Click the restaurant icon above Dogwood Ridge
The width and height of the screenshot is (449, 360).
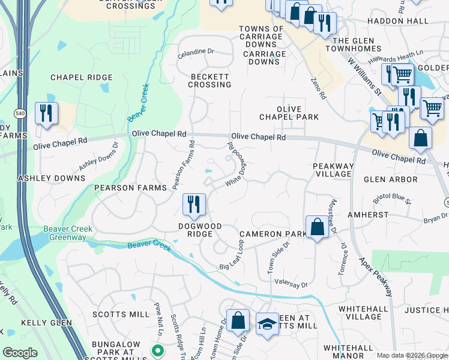point(194,205)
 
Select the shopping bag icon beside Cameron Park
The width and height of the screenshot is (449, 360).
point(317,227)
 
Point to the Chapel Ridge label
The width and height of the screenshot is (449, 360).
point(82,77)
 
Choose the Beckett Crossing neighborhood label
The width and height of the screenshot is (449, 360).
point(209,80)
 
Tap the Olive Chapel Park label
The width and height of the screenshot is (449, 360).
point(289,112)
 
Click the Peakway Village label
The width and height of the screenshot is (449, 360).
point(333,169)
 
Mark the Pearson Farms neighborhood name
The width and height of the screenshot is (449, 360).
point(130,188)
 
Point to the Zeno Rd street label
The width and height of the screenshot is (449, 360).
point(318,88)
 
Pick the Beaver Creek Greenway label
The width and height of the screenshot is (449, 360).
point(65,233)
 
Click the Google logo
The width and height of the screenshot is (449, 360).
point(20,353)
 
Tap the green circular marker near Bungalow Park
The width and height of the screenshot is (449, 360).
point(157,350)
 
